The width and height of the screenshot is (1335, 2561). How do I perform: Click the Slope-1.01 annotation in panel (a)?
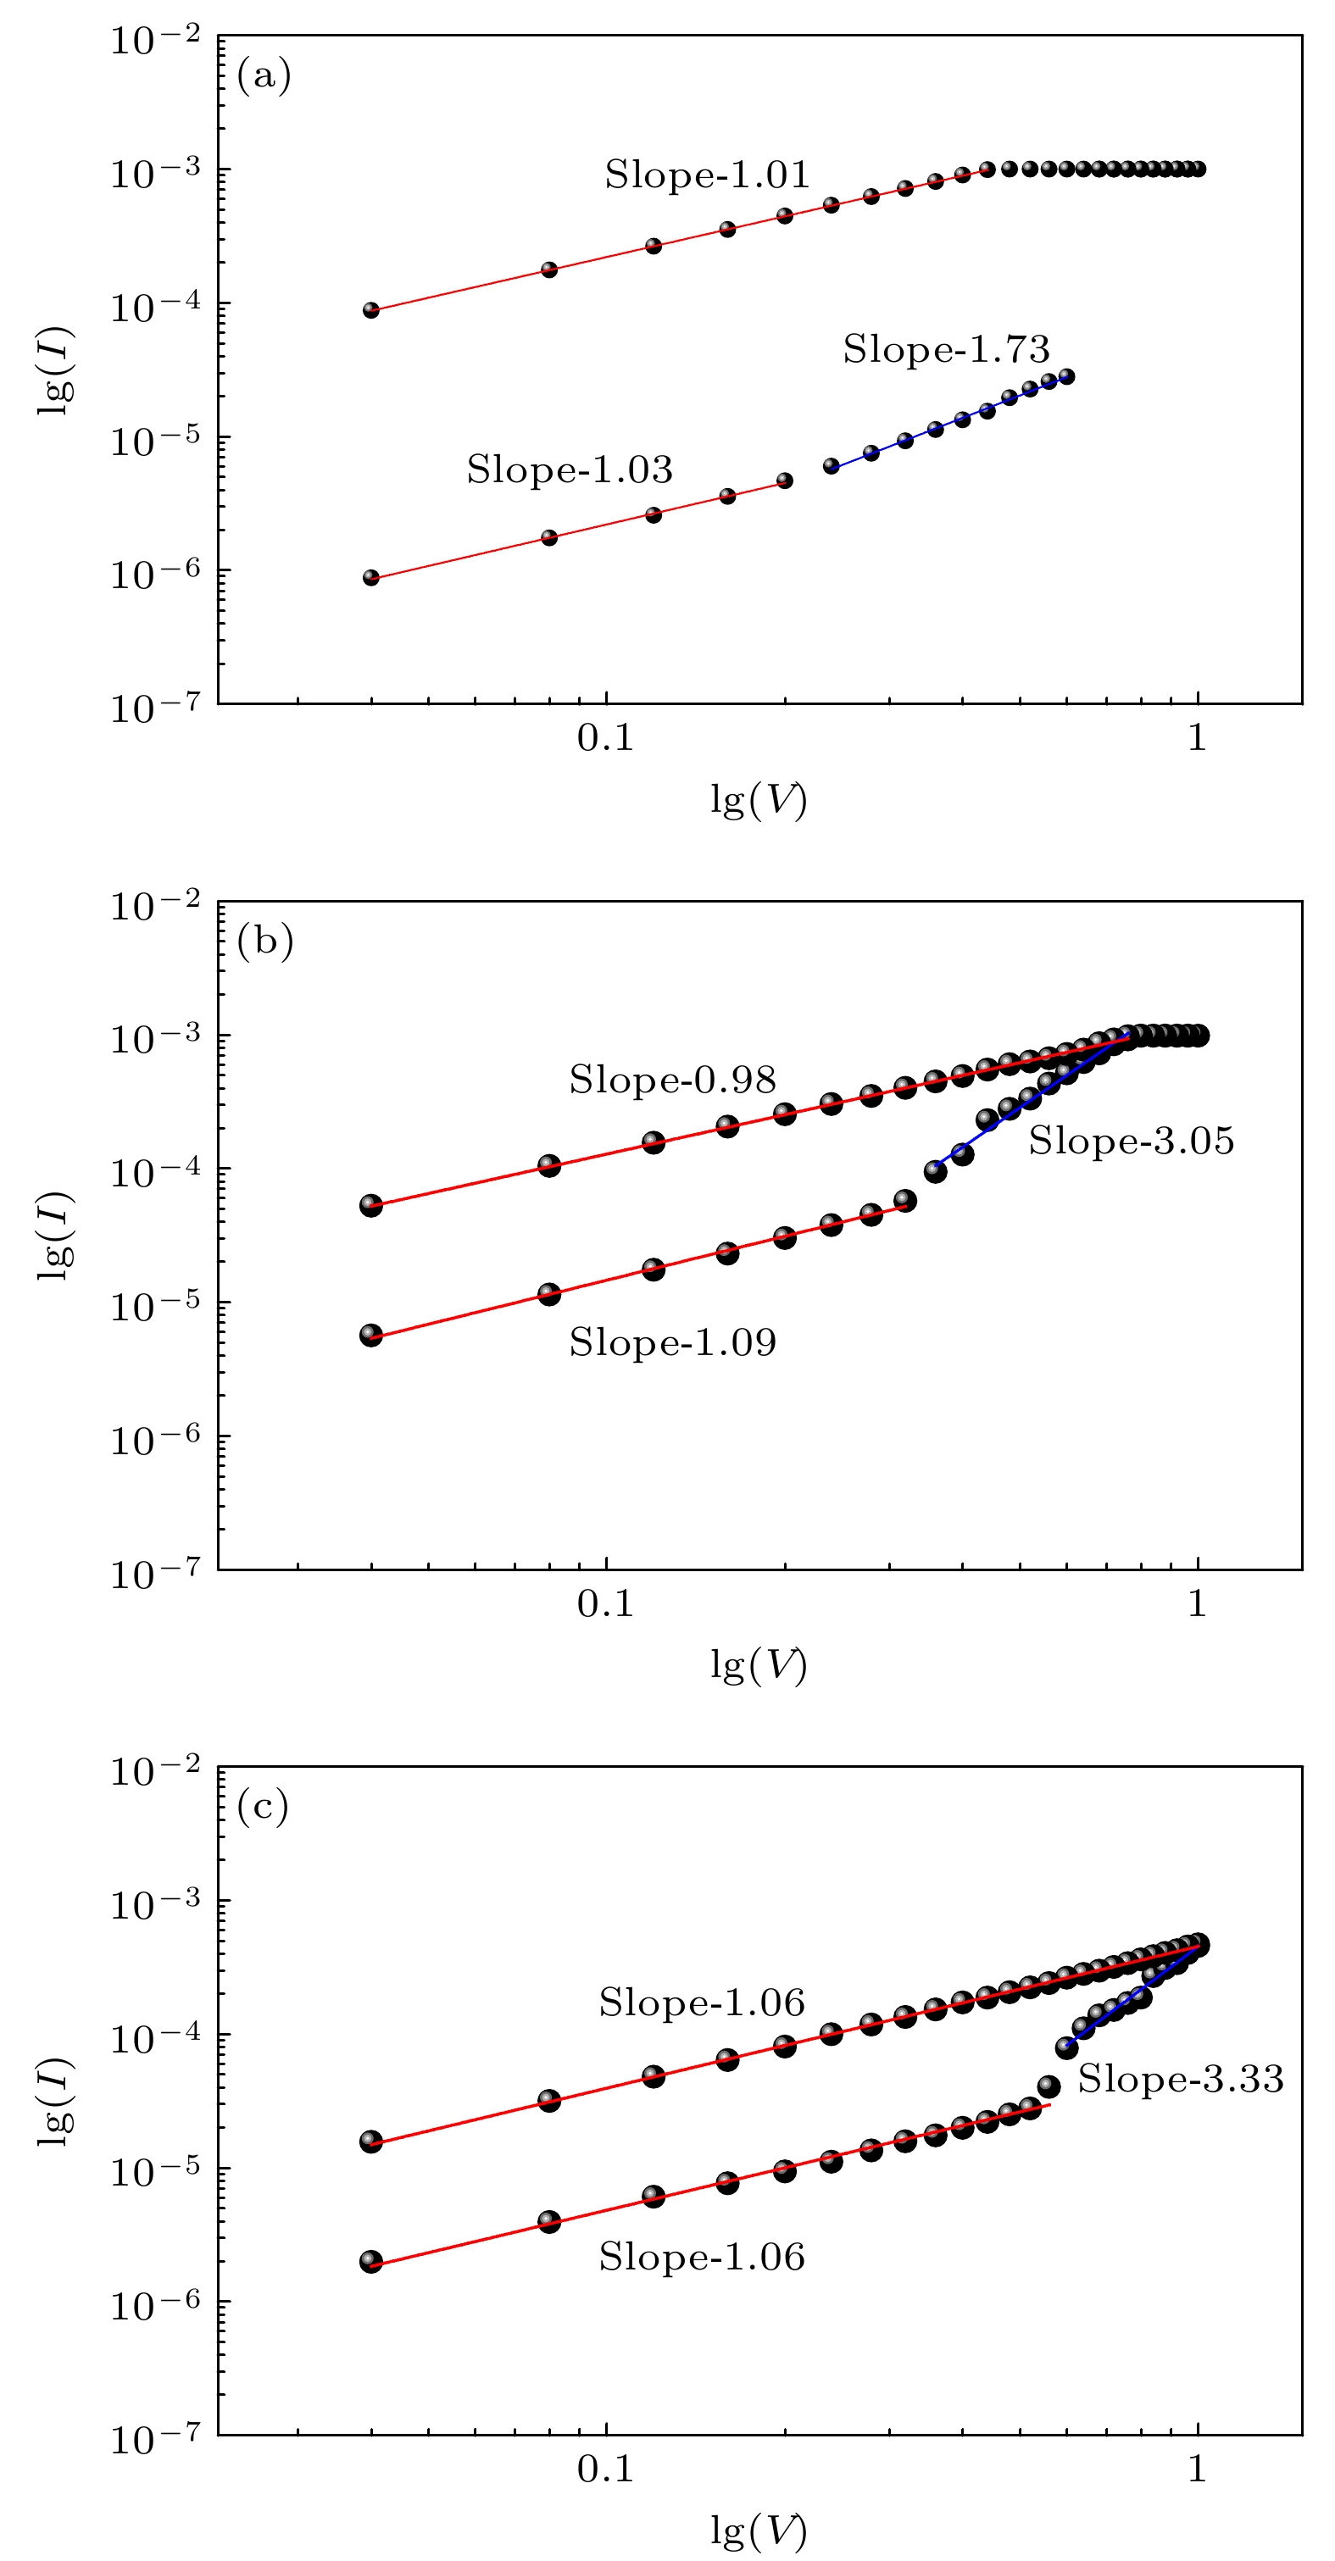(x=707, y=175)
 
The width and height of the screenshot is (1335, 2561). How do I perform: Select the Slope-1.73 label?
(x=945, y=349)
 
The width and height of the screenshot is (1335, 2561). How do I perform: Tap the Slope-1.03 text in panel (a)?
(x=569, y=469)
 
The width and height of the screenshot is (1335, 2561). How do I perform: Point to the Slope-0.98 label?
(x=672, y=1080)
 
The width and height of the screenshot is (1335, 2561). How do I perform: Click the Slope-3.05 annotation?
(x=1130, y=1141)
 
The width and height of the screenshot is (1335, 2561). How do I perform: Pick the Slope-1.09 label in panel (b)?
(x=672, y=1342)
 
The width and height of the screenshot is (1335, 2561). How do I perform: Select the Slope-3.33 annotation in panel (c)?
(x=1180, y=2079)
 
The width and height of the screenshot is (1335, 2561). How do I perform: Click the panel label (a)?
(x=264, y=75)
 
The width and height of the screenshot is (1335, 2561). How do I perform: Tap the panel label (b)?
(x=264, y=941)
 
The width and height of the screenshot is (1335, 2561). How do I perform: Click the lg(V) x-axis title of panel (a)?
(x=758, y=799)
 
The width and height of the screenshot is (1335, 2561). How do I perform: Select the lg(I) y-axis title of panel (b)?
(x=56, y=1235)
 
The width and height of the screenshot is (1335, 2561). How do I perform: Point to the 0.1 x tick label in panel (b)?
(x=604, y=1603)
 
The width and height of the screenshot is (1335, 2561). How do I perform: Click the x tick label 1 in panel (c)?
(x=1197, y=2468)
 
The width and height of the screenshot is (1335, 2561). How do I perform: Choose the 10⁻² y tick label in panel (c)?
(x=155, y=1770)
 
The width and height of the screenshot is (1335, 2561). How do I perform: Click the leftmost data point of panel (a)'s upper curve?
(x=370, y=310)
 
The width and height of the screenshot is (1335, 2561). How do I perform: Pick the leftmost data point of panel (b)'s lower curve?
(x=370, y=1336)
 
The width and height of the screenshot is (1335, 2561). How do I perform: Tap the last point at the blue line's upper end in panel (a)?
(x=1066, y=375)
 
